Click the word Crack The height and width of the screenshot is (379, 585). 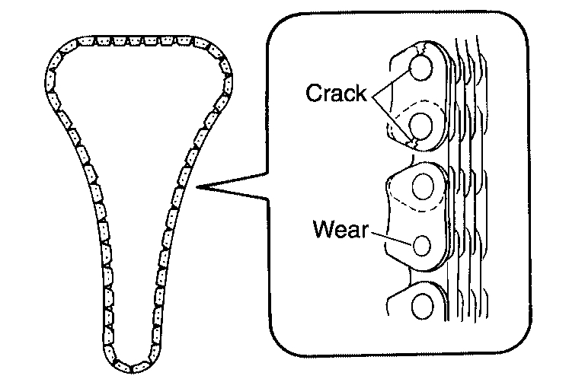(337, 94)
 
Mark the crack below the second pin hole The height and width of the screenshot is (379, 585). (411, 142)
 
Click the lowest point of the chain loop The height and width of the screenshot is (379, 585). (134, 362)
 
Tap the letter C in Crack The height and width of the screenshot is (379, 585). (312, 94)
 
